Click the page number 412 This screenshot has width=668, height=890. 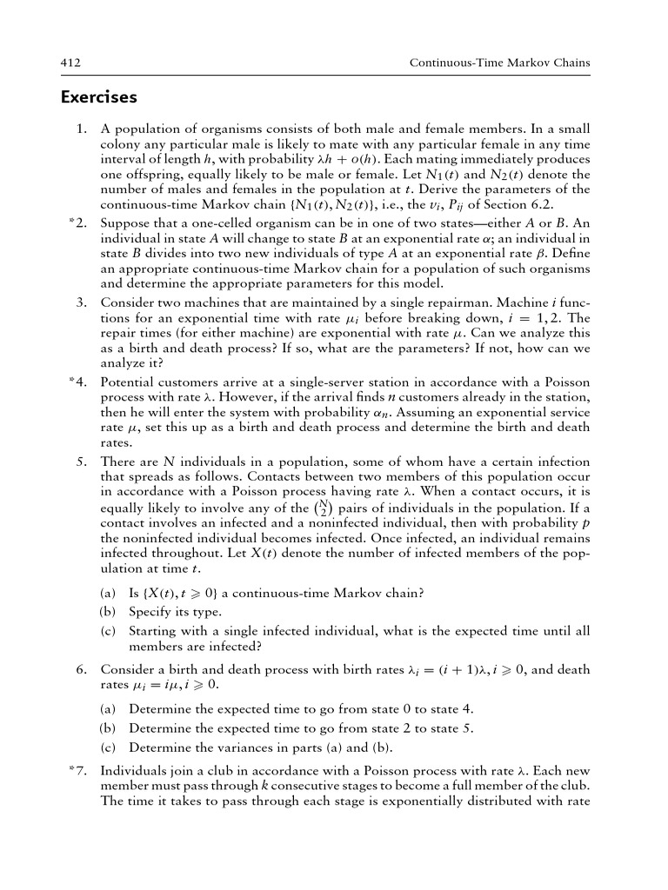[x=70, y=63]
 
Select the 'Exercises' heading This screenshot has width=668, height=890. [x=99, y=96]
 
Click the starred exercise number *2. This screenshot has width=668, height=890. [x=77, y=222]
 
